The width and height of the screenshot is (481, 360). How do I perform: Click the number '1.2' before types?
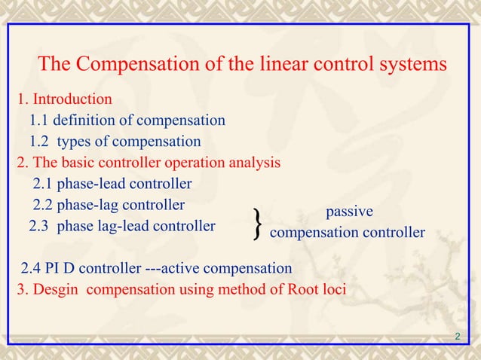coord(41,142)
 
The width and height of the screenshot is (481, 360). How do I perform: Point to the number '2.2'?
coord(44,204)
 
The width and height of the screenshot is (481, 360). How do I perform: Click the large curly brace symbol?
coord(259,224)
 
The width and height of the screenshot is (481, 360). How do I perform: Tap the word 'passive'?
coord(348,212)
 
